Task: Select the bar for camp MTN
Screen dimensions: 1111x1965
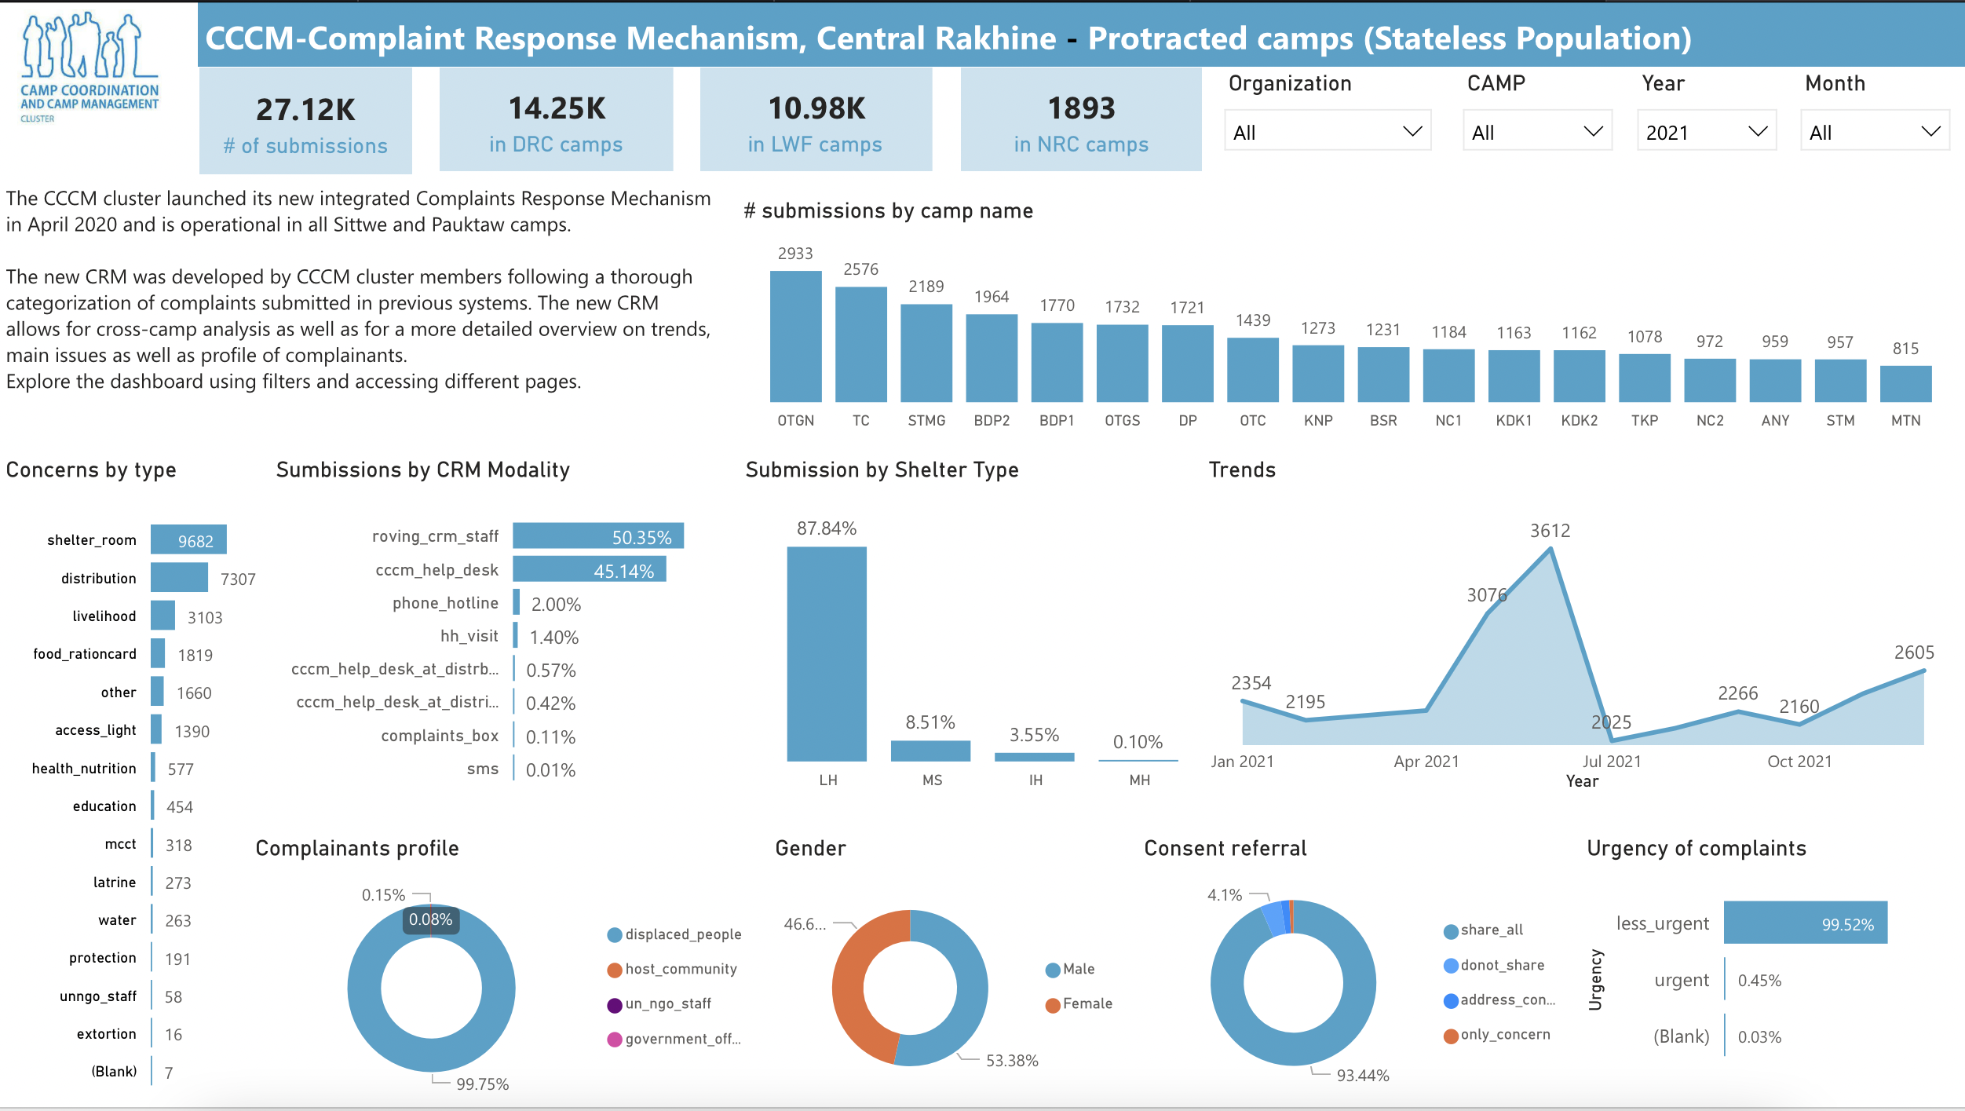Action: coord(1905,384)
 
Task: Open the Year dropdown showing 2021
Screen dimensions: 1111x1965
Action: coord(1706,132)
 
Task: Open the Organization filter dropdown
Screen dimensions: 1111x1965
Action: coord(1327,132)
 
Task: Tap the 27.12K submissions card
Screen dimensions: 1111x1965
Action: coord(305,121)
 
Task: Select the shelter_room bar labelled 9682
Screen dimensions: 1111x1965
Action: coord(188,539)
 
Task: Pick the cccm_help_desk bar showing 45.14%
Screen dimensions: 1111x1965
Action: coord(589,569)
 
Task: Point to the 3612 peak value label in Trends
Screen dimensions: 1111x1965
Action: coord(1550,531)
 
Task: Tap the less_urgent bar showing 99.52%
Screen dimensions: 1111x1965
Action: coord(1805,923)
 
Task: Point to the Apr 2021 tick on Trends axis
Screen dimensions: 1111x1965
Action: coord(1426,762)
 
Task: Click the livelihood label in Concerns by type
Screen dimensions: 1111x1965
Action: coord(104,616)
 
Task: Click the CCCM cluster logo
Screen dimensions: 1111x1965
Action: coord(89,68)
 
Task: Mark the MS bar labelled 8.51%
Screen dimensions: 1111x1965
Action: coord(930,751)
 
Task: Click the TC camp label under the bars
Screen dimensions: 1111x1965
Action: coord(860,421)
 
